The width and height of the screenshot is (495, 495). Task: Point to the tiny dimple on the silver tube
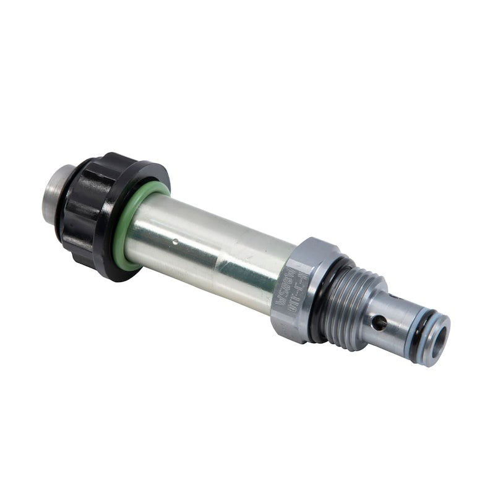[x=175, y=242]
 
